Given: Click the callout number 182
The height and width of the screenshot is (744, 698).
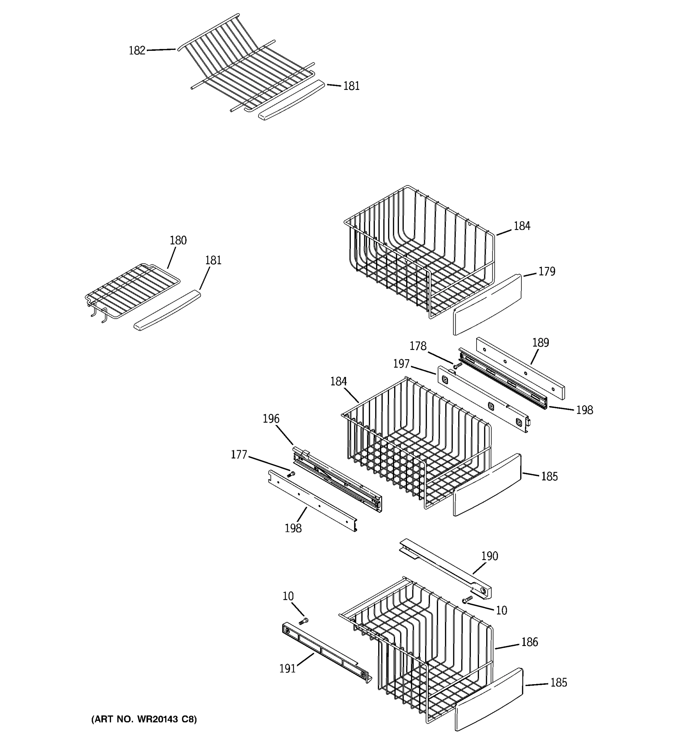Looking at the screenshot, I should click(137, 51).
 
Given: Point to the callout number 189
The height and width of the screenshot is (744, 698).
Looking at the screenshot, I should click(540, 343).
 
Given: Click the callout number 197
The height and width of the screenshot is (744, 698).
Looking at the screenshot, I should click(401, 363).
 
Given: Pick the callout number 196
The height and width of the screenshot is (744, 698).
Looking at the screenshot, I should click(271, 418).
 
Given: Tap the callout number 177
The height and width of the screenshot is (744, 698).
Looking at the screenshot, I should click(239, 455).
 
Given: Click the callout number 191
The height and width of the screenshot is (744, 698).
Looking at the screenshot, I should click(287, 668).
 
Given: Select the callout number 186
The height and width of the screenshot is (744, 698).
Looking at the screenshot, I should click(529, 642).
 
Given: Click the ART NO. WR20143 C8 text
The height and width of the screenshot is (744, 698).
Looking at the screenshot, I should click(144, 719).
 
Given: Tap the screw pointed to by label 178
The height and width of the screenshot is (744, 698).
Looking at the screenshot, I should click(457, 365).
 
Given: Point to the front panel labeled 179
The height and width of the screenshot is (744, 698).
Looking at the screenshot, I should click(487, 305).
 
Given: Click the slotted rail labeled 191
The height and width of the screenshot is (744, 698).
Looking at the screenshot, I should click(326, 652).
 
